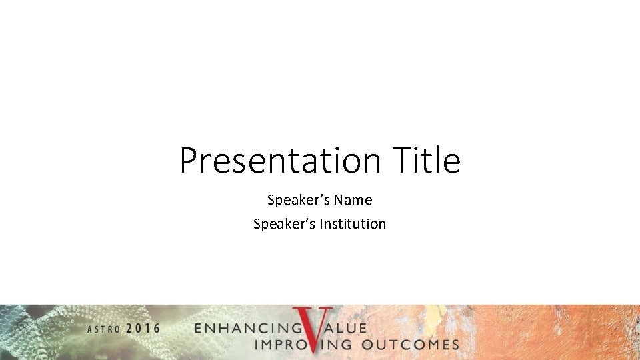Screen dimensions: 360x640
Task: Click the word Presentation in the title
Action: [x=279, y=161]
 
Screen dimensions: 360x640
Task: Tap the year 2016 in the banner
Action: [x=143, y=329]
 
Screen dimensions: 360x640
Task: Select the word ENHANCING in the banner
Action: [x=247, y=329]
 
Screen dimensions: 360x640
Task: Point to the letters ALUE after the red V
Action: [x=347, y=329]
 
